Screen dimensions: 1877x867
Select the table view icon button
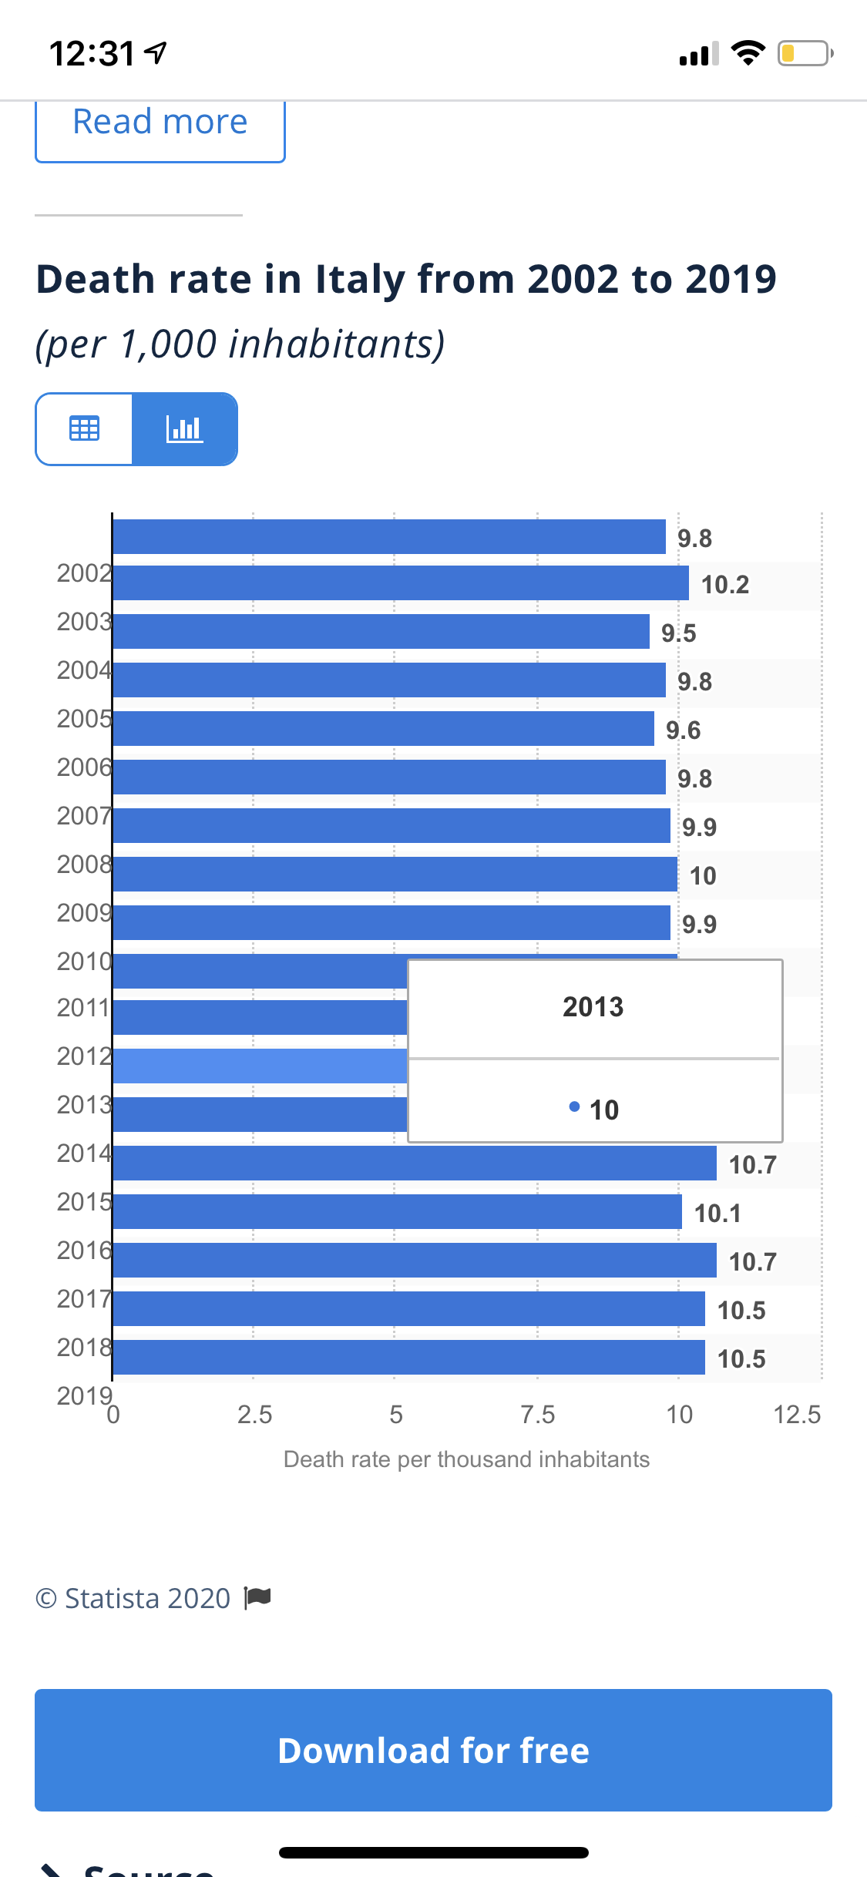[x=84, y=428]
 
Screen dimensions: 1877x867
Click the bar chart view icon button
[x=185, y=428]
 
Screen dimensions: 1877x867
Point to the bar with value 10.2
[x=401, y=583]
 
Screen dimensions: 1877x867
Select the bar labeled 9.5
[x=381, y=632]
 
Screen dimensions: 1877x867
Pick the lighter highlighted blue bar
[x=260, y=1066]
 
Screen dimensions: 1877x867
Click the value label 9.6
[x=683, y=730]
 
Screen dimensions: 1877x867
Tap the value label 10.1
[x=717, y=1213]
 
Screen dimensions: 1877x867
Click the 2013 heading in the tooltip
[x=593, y=1007]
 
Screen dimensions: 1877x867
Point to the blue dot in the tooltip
[x=574, y=1107]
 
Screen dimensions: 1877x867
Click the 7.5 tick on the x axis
[x=537, y=1415]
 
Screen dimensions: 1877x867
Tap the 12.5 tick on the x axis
[x=797, y=1415]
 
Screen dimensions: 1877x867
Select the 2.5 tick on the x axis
[x=254, y=1415]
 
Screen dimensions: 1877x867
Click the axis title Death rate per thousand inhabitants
[x=466, y=1459]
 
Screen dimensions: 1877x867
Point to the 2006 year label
[x=84, y=767]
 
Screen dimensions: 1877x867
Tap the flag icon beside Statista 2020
[x=257, y=1597]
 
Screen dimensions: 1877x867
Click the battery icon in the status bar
[x=805, y=53]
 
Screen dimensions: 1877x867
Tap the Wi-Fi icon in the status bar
[x=748, y=53]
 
